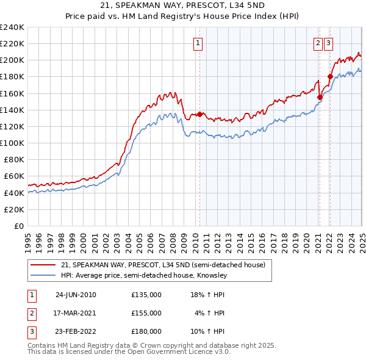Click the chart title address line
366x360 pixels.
[x=182, y=7]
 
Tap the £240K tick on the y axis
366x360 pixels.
[x=12, y=27]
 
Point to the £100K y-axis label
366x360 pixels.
[x=12, y=143]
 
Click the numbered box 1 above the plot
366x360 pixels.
[x=199, y=43]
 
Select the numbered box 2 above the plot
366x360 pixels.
[x=318, y=43]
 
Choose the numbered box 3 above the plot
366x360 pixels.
[x=328, y=43]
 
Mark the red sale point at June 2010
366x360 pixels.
[x=199, y=113]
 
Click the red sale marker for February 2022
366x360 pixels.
[x=330, y=76]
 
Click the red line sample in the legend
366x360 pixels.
[x=43, y=265]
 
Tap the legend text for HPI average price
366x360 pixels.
[x=144, y=276]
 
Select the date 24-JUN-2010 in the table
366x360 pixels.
[x=76, y=295]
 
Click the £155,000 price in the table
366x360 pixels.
[x=146, y=313]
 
